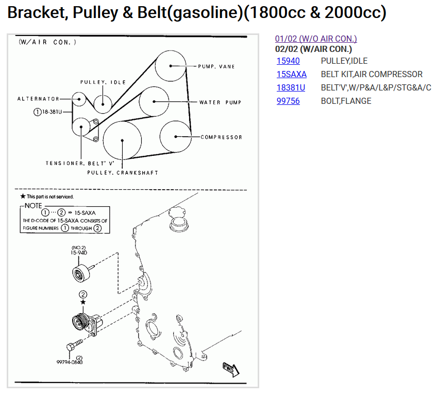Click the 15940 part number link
coord(288,61)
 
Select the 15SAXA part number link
coord(291,75)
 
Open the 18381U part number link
coord(291,88)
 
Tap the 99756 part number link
coord(288,101)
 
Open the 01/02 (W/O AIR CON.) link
coord(316,39)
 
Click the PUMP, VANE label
coord(216,67)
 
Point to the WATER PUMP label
coord(220,102)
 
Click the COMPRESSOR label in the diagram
coord(221,137)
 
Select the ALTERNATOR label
coord(38,99)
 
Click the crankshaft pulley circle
coord(122,140)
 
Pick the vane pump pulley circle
coord(171,66)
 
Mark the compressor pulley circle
coord(176,137)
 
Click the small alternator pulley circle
coord(79,99)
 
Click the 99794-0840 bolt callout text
coord(70,362)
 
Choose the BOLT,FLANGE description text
coord(346,101)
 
